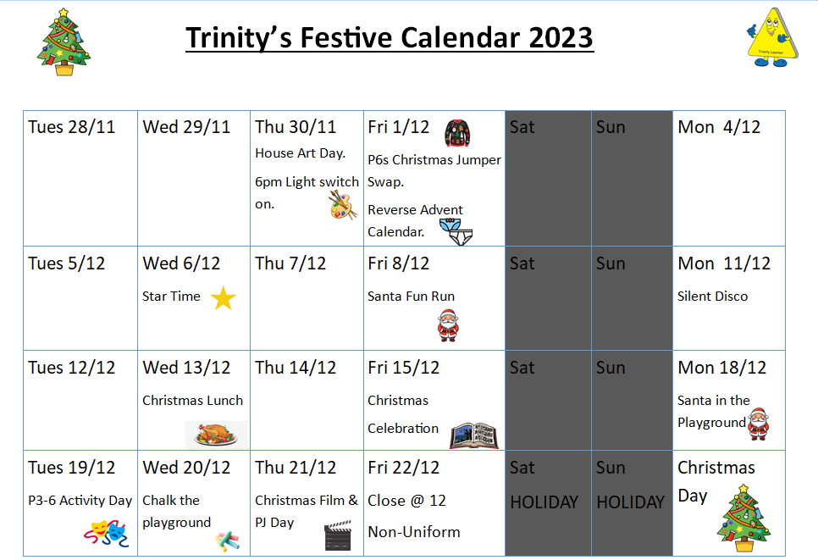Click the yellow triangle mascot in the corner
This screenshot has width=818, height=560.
(x=772, y=37)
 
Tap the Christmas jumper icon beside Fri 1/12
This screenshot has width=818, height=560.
(x=457, y=133)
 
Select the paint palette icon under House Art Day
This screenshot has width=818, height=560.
(x=343, y=204)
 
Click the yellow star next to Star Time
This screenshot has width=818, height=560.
(x=224, y=298)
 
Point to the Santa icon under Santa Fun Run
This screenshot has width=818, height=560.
(x=448, y=325)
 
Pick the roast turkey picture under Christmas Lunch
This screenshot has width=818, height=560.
(x=216, y=435)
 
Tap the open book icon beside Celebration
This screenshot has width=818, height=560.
(x=473, y=435)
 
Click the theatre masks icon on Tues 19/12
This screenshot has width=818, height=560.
(x=107, y=533)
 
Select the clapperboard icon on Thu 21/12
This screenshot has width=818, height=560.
(x=338, y=535)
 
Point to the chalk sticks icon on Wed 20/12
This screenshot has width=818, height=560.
(x=227, y=541)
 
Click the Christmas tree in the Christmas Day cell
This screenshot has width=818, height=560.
(x=743, y=518)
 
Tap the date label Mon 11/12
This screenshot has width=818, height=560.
(x=724, y=263)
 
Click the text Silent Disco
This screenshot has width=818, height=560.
(x=713, y=297)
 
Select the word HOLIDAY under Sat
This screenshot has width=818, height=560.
(x=544, y=502)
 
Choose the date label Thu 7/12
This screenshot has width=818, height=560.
(x=290, y=263)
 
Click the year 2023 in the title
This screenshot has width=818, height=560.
(x=561, y=37)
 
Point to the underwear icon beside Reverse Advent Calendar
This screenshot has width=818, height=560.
(x=456, y=232)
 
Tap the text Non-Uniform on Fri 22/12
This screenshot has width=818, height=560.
(x=414, y=532)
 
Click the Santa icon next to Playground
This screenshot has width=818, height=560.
(x=759, y=424)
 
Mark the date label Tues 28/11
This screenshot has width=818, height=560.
(x=71, y=127)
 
